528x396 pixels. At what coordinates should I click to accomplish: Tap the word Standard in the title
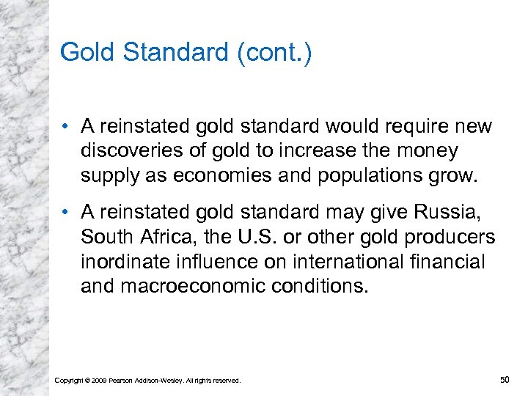point(176,53)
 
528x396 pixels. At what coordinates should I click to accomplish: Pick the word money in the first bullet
point(428,150)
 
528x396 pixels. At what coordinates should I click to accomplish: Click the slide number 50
point(504,378)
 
